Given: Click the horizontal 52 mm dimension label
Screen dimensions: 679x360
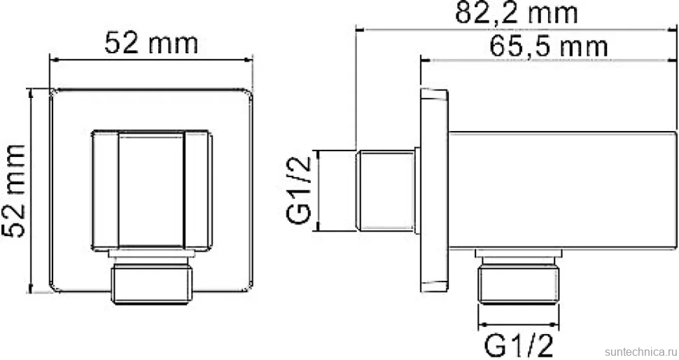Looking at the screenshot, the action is [x=151, y=43].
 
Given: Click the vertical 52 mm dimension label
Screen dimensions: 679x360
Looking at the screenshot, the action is [x=14, y=191].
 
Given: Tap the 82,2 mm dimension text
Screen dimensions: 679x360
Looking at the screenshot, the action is [x=516, y=13].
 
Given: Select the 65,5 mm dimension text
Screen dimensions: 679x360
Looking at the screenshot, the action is [x=549, y=46].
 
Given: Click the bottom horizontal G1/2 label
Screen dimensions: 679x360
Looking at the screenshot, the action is [x=518, y=345].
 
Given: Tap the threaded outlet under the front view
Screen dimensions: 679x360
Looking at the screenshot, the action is [x=152, y=283].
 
